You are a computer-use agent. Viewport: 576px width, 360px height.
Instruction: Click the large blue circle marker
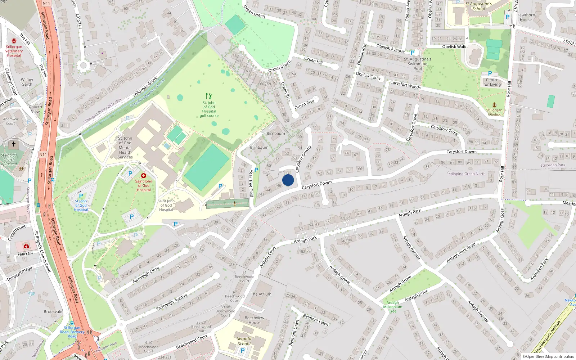(288, 180)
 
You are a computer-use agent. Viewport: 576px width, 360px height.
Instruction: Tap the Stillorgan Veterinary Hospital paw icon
(14, 41)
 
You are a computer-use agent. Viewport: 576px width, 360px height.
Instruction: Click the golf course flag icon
(209, 96)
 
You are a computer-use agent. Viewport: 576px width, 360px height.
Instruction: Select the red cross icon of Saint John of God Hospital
(144, 176)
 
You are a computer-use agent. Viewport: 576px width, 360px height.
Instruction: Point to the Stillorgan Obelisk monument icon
(494, 105)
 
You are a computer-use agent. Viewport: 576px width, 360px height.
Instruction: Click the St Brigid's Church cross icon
(14, 144)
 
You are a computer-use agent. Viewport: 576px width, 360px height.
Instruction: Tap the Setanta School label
(244, 341)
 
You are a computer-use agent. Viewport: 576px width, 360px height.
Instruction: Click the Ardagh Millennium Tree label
(393, 307)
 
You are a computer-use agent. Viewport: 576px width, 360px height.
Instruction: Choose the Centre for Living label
(492, 82)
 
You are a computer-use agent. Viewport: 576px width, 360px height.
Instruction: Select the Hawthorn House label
(526, 17)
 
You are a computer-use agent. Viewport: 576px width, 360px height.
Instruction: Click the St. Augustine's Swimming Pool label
(418, 64)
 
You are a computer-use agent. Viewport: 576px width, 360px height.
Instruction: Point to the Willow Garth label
(27, 82)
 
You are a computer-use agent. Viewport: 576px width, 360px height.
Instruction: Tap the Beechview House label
(255, 320)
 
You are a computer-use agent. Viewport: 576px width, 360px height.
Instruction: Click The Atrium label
(261, 294)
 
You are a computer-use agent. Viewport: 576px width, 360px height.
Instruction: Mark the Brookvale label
(53, 312)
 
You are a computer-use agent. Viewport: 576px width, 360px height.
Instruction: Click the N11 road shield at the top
(46, 3)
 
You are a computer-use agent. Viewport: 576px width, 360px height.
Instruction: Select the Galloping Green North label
(466, 174)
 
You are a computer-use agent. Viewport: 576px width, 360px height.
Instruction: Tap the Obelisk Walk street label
(454, 47)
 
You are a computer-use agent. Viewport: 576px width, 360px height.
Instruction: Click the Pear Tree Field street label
(251, 183)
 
